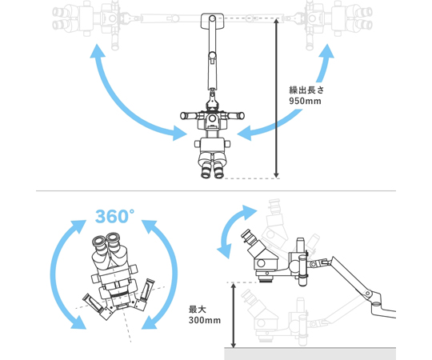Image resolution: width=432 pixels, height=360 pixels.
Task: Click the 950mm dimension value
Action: click(x=305, y=101)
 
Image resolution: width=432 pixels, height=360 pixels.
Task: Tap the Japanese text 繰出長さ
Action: click(x=306, y=90)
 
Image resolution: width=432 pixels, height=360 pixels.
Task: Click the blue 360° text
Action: click(x=114, y=217)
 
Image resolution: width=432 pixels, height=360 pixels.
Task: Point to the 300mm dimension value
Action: click(x=205, y=320)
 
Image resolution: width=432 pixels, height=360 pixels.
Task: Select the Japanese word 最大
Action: click(x=198, y=310)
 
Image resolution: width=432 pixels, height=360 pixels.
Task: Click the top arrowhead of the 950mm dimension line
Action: click(x=276, y=21)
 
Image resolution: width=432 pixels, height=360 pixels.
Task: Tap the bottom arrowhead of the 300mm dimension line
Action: click(x=234, y=345)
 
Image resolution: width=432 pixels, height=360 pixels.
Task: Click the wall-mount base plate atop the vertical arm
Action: click(x=212, y=22)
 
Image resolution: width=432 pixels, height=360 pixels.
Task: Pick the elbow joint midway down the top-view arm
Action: click(x=212, y=56)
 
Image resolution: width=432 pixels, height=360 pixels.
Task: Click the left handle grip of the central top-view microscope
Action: click(x=189, y=115)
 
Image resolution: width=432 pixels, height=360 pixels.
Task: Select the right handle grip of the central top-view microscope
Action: click(x=235, y=115)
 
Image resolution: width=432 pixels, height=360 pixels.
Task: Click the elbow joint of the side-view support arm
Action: click(x=367, y=293)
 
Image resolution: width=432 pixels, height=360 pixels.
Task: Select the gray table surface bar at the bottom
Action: click(x=310, y=354)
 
